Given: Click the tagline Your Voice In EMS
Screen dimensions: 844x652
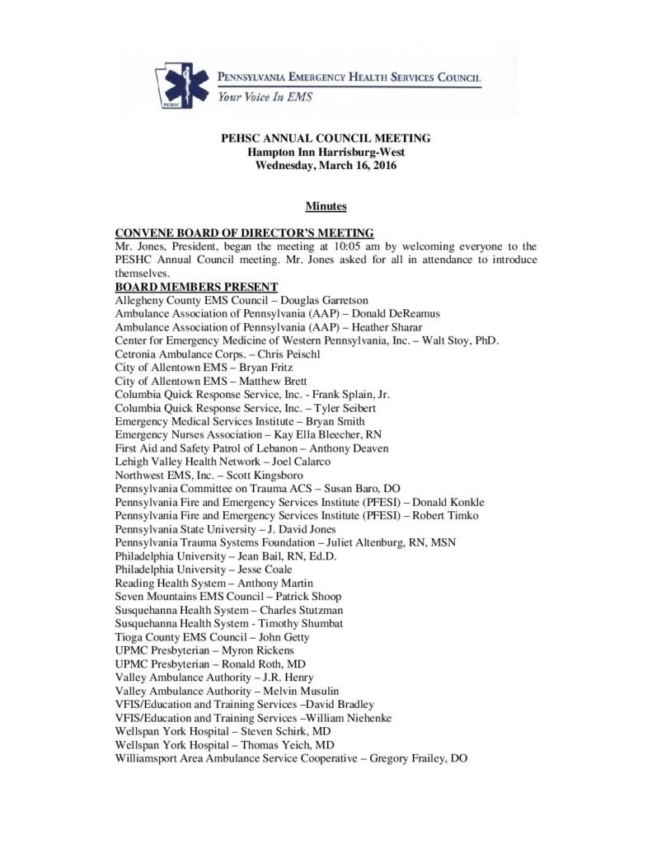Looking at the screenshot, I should [x=265, y=96].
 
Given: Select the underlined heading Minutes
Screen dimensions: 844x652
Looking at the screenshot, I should [x=326, y=206].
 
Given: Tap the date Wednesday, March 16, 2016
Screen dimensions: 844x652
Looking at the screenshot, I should [x=326, y=166].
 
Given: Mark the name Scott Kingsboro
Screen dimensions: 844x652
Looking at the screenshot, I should [x=270, y=475].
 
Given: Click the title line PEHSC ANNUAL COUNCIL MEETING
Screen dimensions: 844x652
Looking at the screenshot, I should [x=326, y=138].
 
